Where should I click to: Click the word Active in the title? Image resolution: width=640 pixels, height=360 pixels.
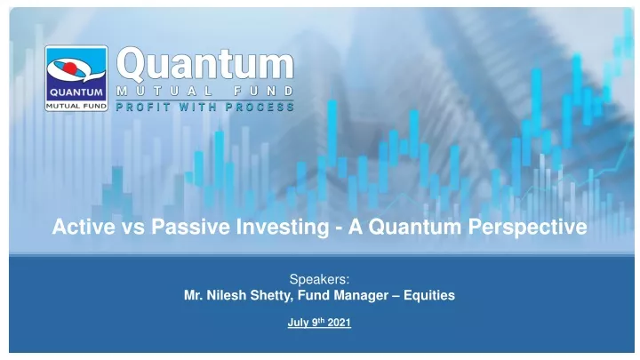click(x=84, y=227)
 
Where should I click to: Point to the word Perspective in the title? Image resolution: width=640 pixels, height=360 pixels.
click(x=527, y=228)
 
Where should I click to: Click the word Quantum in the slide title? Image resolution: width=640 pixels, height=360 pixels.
click(x=415, y=227)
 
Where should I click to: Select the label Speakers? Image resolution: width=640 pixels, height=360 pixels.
click(x=320, y=279)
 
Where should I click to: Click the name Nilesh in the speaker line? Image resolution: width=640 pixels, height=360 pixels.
click(x=226, y=295)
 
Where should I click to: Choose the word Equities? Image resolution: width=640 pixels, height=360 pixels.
click(x=429, y=296)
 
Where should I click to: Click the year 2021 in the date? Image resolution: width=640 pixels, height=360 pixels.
click(x=340, y=323)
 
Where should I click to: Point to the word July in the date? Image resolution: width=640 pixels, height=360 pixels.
click(x=299, y=323)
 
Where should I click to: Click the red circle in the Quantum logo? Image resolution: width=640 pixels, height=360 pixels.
click(x=70, y=68)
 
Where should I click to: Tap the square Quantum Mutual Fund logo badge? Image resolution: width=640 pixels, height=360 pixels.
click(x=76, y=78)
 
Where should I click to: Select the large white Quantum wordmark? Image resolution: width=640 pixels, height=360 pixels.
click(x=205, y=65)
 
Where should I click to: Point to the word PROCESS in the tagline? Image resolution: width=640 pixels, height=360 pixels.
click(x=260, y=107)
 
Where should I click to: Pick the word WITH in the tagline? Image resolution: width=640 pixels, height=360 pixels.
click(x=197, y=107)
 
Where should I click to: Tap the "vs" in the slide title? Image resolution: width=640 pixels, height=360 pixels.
click(x=133, y=228)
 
